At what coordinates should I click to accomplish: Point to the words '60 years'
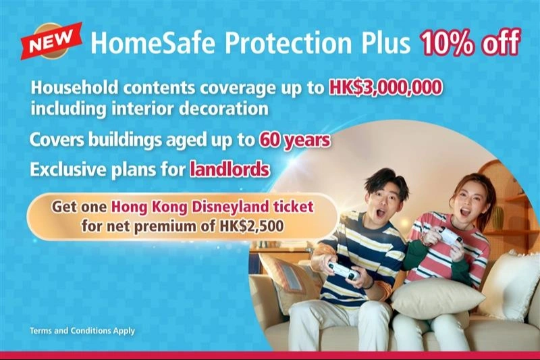click(x=294, y=140)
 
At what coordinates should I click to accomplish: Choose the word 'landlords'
click(x=230, y=169)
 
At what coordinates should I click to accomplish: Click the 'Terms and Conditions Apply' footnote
click(x=82, y=331)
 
